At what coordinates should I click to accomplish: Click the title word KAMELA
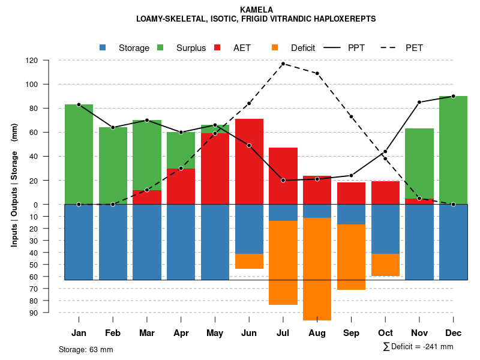[256, 10]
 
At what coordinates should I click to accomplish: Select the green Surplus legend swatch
[161, 48]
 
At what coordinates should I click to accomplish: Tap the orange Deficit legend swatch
[275, 48]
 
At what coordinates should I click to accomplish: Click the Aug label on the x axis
[317, 333]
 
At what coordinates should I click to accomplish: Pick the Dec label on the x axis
[453, 333]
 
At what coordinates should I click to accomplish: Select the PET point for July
[283, 64]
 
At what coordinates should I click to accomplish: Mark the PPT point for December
[453, 96]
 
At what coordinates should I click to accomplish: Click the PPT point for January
[79, 104]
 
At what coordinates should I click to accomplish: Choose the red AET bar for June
[249, 162]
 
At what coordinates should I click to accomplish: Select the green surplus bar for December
[453, 150]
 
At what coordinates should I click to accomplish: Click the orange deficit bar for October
[385, 265]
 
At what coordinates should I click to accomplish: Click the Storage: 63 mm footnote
[86, 349]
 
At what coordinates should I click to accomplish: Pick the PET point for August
[317, 73]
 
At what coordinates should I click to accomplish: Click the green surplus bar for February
[113, 166]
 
